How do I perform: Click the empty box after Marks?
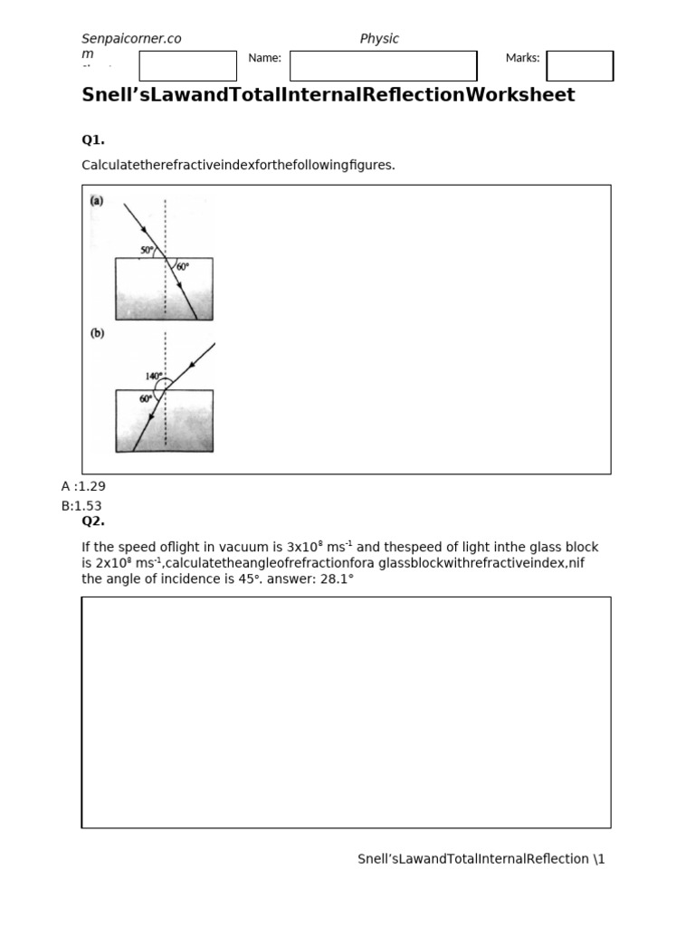coord(580,66)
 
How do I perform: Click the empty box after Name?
coord(383,66)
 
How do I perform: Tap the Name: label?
coord(264,58)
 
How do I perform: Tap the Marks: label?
coord(522,58)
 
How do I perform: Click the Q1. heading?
coord(93,139)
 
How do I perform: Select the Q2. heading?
coord(93,521)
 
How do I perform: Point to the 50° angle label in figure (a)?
coord(148,249)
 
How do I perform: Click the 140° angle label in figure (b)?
coord(155,376)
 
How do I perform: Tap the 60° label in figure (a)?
coord(183,267)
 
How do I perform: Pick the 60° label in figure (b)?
coord(146,398)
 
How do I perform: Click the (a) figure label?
coord(96,200)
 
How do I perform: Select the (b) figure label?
coord(96,333)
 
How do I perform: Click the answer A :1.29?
coord(83,486)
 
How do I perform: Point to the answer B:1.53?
coord(82,506)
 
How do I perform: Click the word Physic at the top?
coord(379,39)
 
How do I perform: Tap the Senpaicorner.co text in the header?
coord(131,39)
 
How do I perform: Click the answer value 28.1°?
coord(333,578)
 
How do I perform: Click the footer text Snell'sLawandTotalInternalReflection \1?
coord(481,859)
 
